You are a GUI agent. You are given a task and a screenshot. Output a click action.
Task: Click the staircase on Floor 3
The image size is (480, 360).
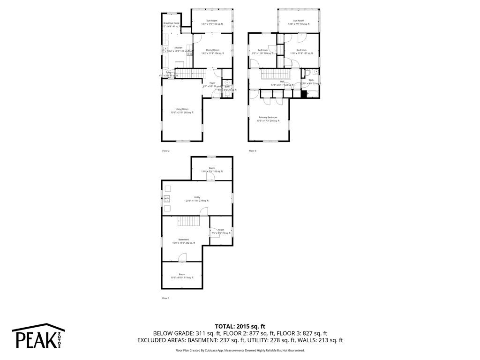[x=276, y=74]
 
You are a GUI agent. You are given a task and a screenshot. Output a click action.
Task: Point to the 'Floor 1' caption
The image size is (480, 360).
[x=165, y=298]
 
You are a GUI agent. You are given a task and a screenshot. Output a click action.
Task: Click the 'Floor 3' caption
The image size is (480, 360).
[x=253, y=151]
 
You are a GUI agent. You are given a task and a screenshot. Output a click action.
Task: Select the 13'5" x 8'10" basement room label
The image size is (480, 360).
[x=182, y=276]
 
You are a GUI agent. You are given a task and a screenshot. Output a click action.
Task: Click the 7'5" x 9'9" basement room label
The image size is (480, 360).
[x=221, y=231]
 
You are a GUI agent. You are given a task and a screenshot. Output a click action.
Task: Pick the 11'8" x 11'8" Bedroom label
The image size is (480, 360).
[x=301, y=52]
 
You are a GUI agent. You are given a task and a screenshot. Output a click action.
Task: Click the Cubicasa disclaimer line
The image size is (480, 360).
[x=240, y=350]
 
